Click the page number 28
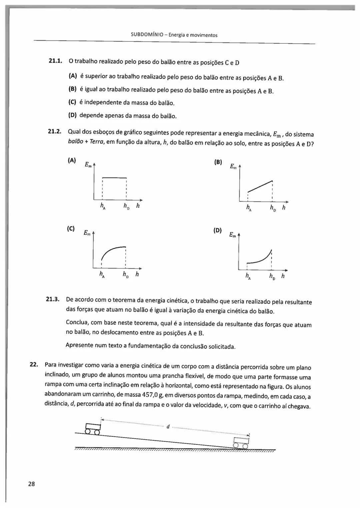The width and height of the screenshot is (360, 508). [32, 484]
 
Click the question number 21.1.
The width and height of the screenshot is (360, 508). [55, 61]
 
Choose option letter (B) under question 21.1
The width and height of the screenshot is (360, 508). [72, 89]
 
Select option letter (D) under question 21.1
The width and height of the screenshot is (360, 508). [72, 115]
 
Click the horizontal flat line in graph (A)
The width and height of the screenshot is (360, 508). [114, 178]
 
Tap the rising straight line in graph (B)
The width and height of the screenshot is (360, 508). [260, 186]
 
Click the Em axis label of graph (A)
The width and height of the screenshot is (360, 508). [88, 165]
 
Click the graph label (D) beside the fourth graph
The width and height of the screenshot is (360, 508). [217, 230]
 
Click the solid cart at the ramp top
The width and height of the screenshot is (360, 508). [93, 428]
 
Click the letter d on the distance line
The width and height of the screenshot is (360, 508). [168, 426]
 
